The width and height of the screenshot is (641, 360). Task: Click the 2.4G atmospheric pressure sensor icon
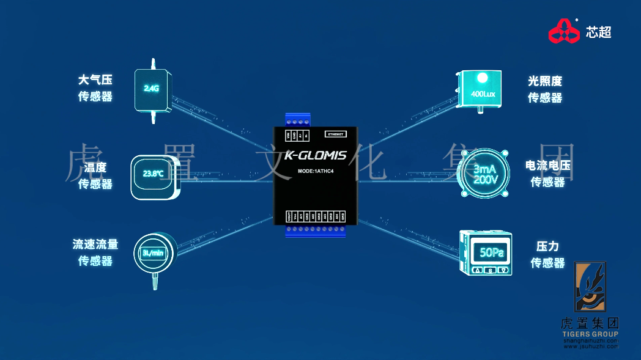click(152, 90)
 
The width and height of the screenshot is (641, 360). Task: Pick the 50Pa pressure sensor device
click(485, 252)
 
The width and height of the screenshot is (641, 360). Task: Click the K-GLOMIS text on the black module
click(315, 156)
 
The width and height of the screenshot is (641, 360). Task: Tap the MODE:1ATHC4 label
click(314, 171)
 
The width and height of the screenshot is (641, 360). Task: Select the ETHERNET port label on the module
click(335, 133)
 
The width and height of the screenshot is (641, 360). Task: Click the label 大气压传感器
click(95, 88)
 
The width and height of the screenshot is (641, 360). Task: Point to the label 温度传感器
click(95, 175)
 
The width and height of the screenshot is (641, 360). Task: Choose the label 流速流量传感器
click(95, 252)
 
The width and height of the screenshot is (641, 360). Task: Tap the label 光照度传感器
click(545, 89)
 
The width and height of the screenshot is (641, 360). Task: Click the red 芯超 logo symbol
click(563, 31)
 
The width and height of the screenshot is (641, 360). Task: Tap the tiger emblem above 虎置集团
click(590, 287)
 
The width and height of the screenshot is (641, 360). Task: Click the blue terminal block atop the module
click(297, 120)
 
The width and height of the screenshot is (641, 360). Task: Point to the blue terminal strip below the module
click(315, 230)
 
